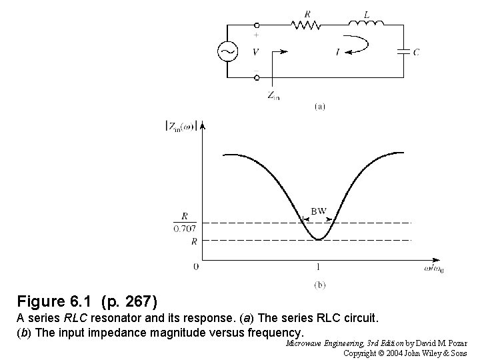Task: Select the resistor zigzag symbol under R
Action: [306, 25]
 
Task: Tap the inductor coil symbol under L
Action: [365, 25]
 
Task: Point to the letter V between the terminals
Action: [257, 51]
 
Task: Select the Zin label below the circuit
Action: [273, 95]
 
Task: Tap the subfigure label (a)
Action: [319, 105]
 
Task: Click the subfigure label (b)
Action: [319, 284]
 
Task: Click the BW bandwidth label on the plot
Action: [319, 211]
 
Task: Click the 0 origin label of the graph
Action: [196, 267]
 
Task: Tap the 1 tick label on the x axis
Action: [319, 267]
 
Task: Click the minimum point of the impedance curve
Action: [319, 239]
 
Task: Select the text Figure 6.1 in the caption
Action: [54, 301]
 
